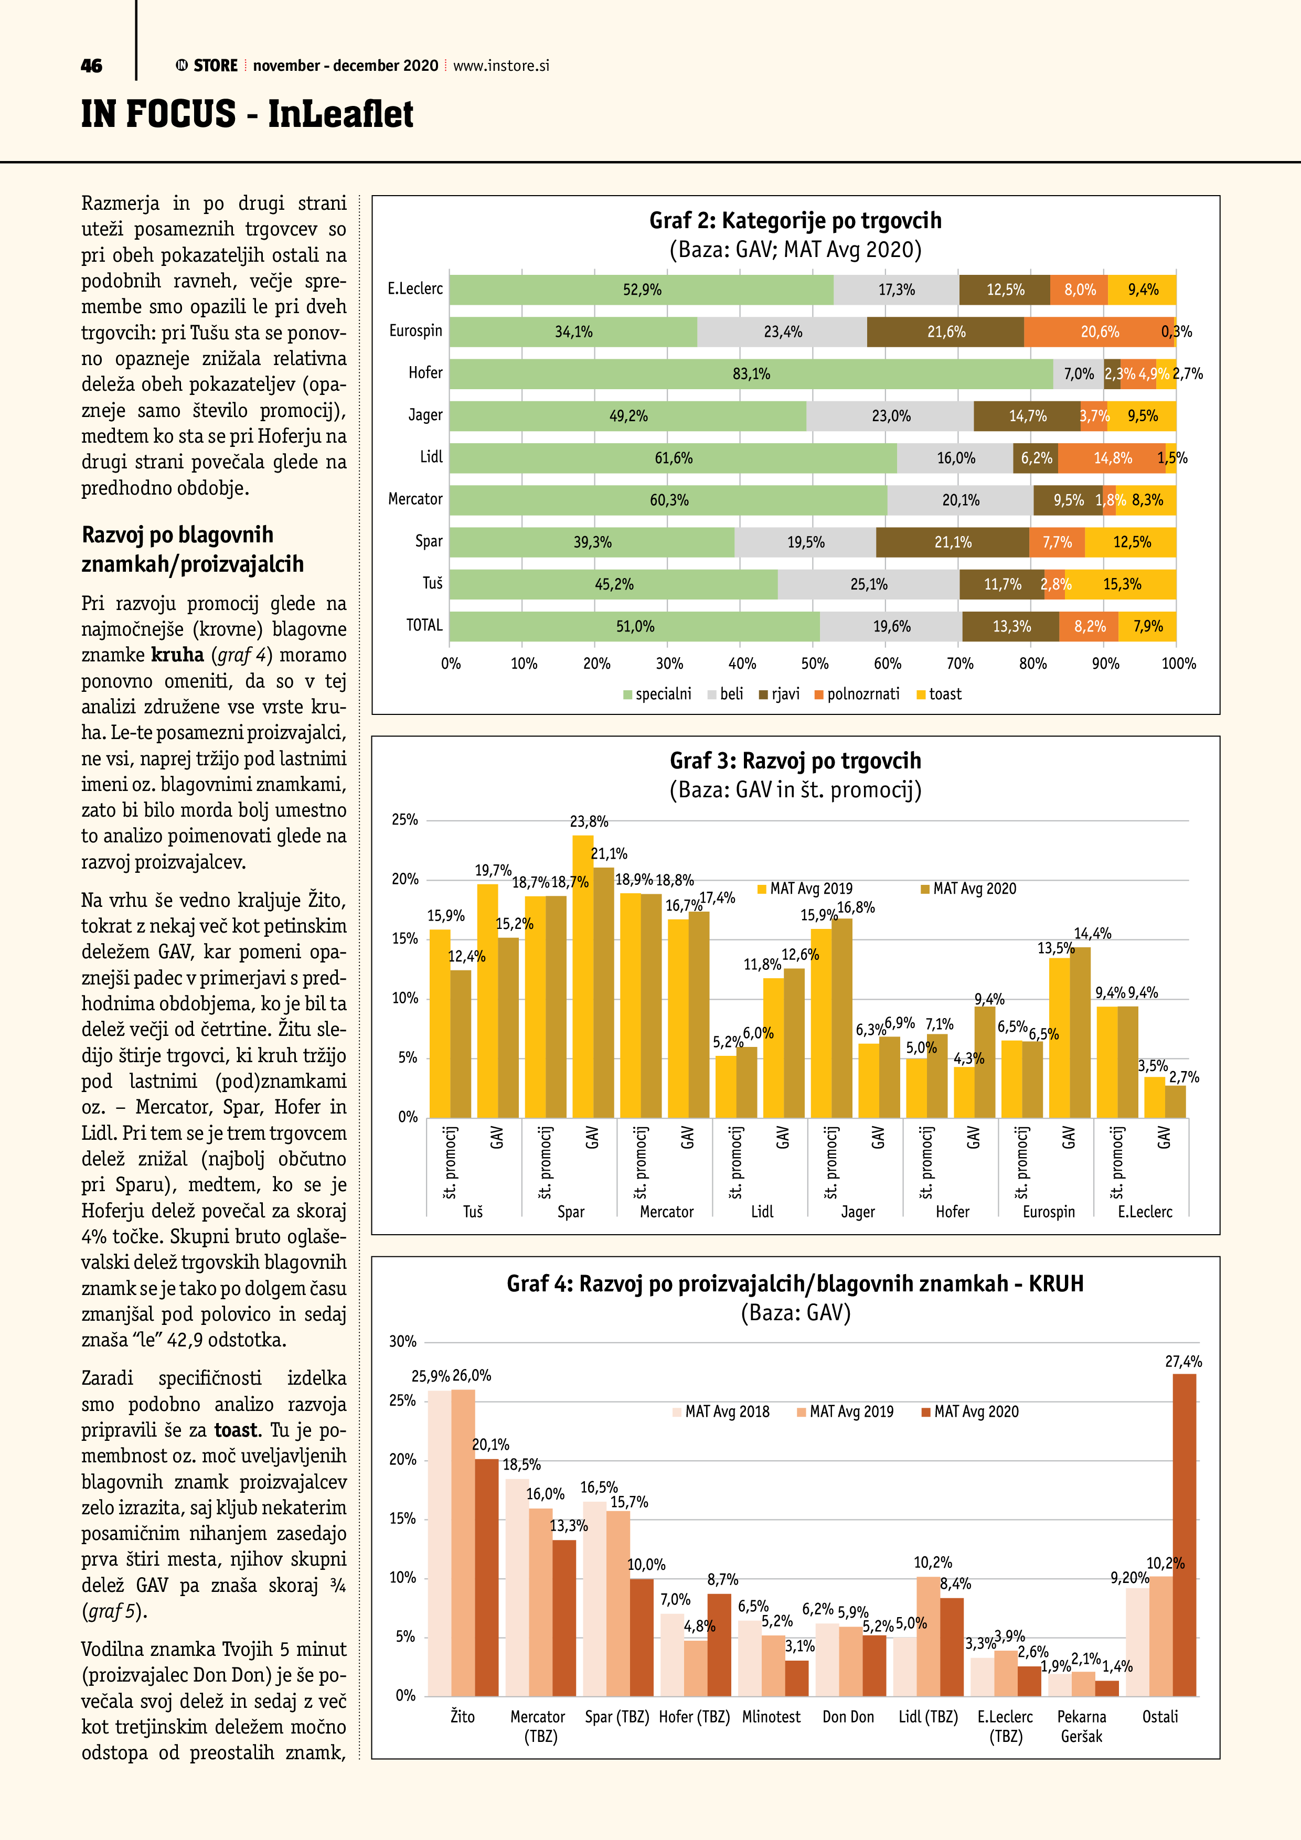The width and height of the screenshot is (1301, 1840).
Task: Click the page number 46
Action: click(x=91, y=66)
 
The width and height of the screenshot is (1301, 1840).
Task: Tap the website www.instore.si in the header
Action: click(x=501, y=66)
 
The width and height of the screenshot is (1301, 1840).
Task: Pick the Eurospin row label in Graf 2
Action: click(x=415, y=331)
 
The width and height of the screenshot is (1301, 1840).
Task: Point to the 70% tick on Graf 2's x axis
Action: click(x=959, y=664)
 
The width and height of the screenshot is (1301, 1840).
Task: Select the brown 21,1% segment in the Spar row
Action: click(x=952, y=542)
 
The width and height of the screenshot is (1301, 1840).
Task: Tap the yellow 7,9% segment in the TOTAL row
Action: click(x=1147, y=627)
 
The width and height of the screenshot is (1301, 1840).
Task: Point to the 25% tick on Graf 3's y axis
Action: click(x=405, y=820)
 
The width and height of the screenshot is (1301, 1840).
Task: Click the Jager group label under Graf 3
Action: click(x=857, y=1212)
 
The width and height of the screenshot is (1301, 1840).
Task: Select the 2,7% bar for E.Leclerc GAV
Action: click(x=1175, y=1102)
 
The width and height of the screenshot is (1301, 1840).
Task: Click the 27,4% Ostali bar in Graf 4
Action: click(x=1184, y=1535)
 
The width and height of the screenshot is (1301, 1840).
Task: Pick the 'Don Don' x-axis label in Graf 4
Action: click(x=848, y=1717)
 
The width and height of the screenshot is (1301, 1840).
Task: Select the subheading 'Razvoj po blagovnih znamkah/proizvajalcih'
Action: click(x=193, y=549)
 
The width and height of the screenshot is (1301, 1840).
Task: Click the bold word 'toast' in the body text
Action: click(x=237, y=1430)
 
